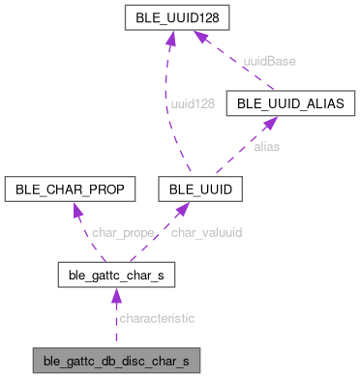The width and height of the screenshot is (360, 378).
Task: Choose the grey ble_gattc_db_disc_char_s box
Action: point(117,363)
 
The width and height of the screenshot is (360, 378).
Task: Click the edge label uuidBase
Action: point(270,60)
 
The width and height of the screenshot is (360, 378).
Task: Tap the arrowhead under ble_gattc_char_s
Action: point(115,295)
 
